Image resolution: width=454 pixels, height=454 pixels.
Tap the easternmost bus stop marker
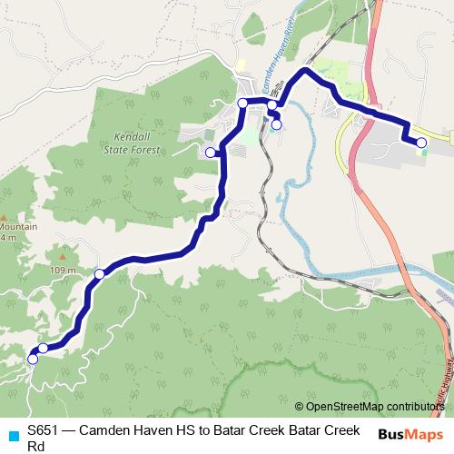click(421, 143)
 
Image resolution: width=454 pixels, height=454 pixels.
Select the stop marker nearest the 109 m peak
click(100, 273)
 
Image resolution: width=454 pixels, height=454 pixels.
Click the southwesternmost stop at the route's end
click(33, 359)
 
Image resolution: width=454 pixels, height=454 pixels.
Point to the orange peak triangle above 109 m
click(62, 255)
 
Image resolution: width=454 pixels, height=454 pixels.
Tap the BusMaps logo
click(410, 434)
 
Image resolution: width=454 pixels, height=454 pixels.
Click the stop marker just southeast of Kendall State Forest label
click(211, 153)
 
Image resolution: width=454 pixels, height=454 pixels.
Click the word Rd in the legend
click(36, 445)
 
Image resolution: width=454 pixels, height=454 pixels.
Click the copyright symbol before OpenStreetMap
click(300, 406)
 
